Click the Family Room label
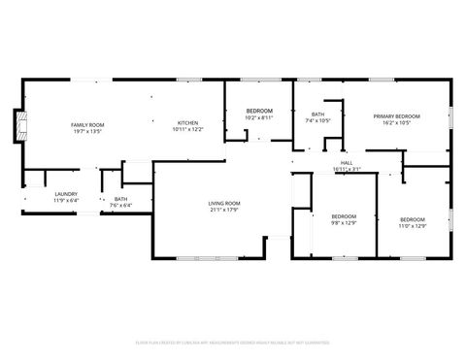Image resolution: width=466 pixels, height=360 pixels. (x=86, y=124)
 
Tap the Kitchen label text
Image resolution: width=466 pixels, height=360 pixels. (x=188, y=122)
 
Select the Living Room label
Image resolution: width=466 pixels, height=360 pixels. (x=223, y=203)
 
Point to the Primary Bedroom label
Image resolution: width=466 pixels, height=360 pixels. (x=395, y=116)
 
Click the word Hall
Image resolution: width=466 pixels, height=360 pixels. (x=347, y=163)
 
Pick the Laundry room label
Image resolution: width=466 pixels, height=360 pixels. (x=66, y=193)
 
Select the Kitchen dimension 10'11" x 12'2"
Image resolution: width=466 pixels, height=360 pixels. (x=188, y=129)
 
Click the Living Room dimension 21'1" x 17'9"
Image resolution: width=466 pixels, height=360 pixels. (x=223, y=210)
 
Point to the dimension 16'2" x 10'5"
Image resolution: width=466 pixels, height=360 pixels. (x=395, y=123)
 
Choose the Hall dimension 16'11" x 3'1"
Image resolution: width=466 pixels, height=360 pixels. (x=347, y=170)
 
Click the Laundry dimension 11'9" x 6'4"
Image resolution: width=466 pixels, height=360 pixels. (x=66, y=200)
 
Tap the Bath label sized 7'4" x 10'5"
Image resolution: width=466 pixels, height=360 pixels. (x=317, y=115)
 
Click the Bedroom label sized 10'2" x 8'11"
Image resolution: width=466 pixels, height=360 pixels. (x=259, y=112)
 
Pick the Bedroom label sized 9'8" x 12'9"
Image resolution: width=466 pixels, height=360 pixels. (x=344, y=216)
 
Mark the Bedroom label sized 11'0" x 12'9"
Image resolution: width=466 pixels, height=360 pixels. (x=413, y=219)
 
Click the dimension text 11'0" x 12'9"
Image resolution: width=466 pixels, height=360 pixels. (x=413, y=226)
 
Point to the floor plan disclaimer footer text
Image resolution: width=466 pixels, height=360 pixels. (x=233, y=343)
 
